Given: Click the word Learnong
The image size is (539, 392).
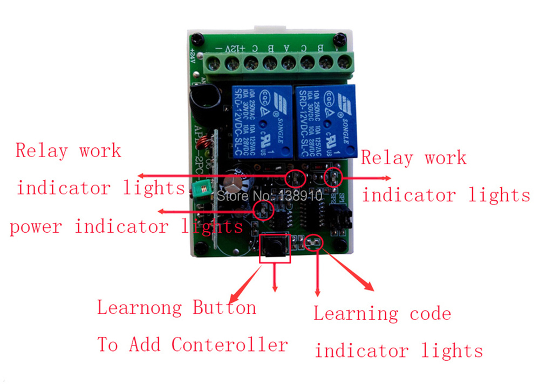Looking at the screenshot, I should (x=139, y=308).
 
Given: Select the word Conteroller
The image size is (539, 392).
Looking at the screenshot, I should (x=230, y=344).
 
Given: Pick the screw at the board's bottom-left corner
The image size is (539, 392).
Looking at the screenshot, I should (x=201, y=249).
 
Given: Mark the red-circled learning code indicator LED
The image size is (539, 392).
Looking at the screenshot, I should (x=312, y=243).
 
